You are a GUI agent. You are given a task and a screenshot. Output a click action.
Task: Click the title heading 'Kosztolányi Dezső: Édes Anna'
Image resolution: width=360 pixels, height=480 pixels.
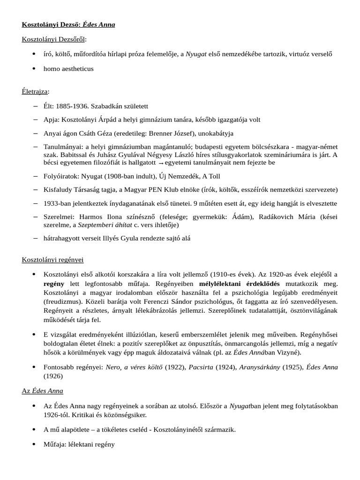(68, 24)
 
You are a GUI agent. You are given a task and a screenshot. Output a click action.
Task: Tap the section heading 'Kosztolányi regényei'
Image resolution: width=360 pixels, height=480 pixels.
(53, 259)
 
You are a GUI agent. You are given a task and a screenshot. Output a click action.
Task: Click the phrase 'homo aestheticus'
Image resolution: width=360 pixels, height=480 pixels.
(68, 68)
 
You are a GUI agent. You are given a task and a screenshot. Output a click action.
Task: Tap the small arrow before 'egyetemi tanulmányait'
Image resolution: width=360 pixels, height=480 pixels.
(161, 163)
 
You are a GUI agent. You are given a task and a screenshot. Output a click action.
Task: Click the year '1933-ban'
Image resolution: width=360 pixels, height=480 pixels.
(56, 203)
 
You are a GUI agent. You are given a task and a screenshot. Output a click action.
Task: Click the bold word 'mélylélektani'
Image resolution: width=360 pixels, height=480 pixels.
(219, 284)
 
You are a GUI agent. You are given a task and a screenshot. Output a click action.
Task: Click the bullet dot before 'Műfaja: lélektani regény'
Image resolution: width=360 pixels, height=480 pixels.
(34, 444)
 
